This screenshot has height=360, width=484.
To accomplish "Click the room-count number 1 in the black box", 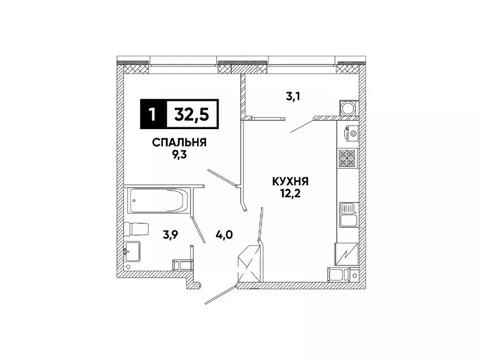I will (153, 114).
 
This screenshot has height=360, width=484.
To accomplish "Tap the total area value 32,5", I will (192, 114).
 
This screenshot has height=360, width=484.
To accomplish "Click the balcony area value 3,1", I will (293, 97).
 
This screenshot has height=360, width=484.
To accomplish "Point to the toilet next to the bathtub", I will (137, 228).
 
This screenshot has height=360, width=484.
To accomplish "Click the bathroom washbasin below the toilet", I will (132, 251).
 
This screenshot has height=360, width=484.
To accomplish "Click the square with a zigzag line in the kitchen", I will (346, 254).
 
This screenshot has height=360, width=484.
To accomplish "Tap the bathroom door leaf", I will (198, 230).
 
